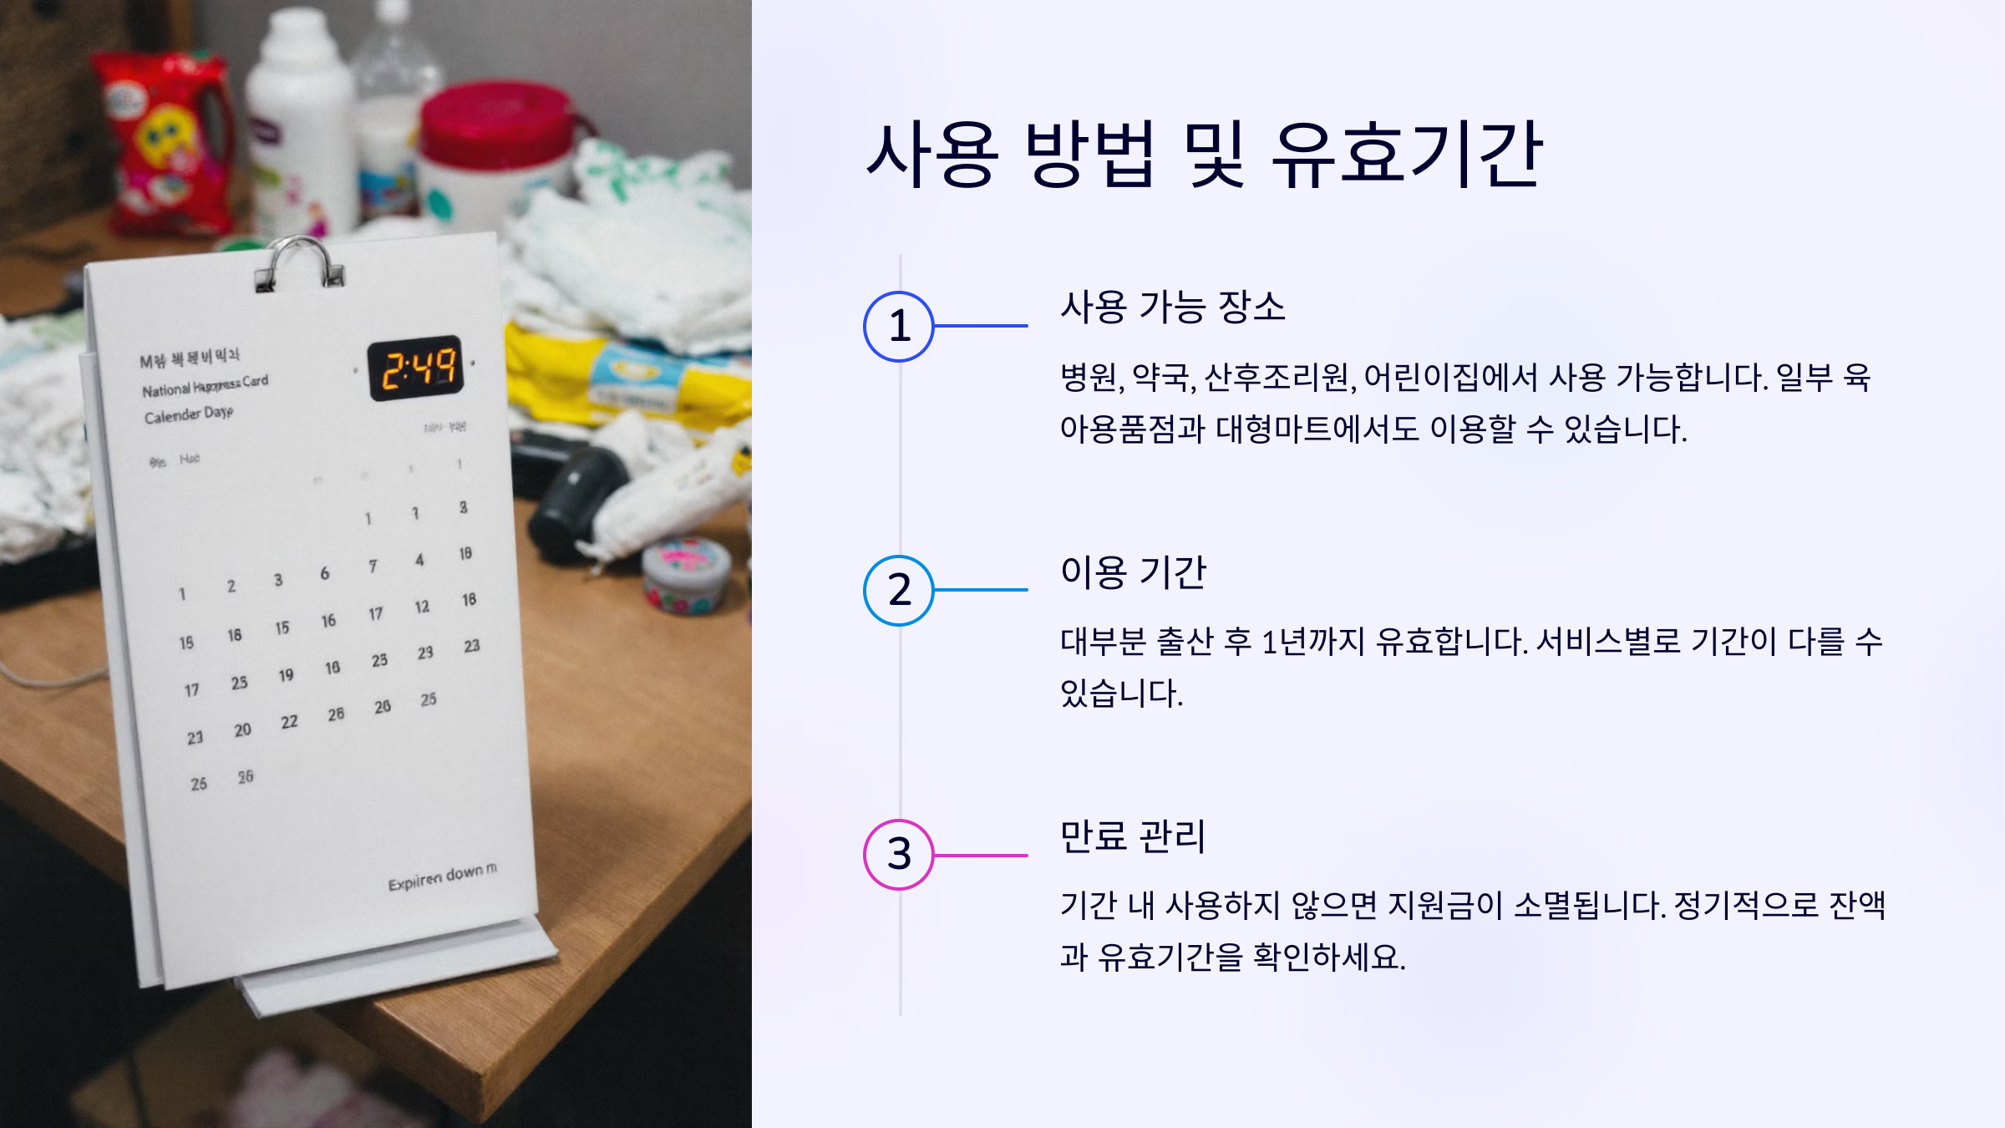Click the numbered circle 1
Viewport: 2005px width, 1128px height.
[x=899, y=326]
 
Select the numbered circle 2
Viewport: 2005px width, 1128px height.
[x=899, y=590]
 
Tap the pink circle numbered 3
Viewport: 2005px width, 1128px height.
[x=899, y=854]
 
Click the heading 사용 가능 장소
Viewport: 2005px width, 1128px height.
[x=1172, y=307]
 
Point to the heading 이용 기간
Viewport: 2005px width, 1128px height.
[x=1133, y=572]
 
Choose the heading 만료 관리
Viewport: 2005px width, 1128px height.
[x=1132, y=836]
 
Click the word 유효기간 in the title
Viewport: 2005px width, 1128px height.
[x=1406, y=155]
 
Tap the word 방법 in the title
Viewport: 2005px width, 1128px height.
[x=1090, y=155]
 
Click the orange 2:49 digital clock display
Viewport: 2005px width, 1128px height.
[x=416, y=368]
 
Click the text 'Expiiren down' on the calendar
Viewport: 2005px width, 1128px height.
[x=441, y=876]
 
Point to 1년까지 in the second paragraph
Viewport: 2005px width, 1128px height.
[x=1312, y=642]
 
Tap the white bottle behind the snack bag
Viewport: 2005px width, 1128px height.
[x=301, y=117]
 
